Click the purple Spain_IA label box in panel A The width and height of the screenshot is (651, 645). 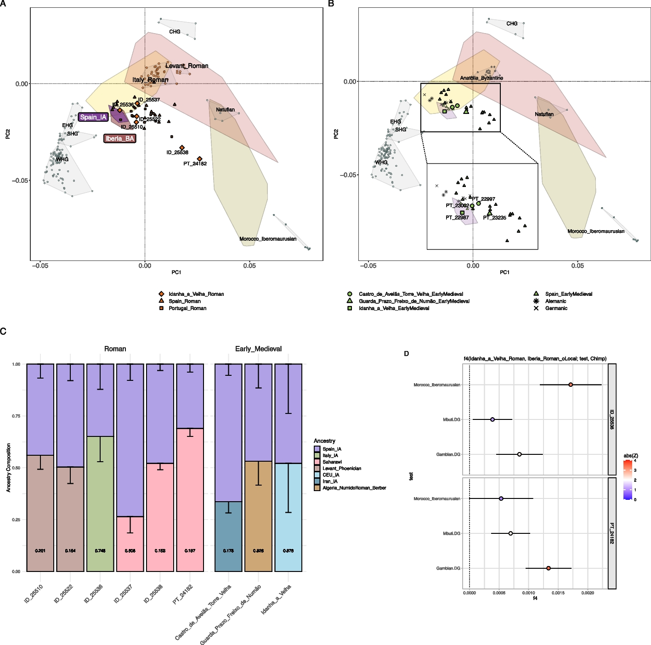click(x=93, y=117)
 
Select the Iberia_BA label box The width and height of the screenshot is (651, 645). click(x=120, y=138)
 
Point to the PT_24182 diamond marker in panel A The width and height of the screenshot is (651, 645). click(x=199, y=159)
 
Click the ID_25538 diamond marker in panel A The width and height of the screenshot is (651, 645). click(x=182, y=147)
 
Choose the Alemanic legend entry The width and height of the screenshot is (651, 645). click(x=555, y=301)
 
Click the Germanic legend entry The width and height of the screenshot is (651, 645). click(x=556, y=308)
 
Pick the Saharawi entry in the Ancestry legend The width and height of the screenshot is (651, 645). click(x=332, y=462)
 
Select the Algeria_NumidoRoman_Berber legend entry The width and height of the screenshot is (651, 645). click(x=354, y=488)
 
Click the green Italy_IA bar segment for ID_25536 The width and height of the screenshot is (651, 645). click(x=100, y=504)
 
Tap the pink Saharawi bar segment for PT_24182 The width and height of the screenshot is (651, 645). click(x=190, y=499)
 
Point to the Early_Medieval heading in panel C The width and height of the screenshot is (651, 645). click(x=258, y=349)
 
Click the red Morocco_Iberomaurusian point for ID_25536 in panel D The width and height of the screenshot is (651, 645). click(x=571, y=385)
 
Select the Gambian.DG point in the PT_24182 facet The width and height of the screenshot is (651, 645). click(x=549, y=568)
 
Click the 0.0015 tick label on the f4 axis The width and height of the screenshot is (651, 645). click(x=558, y=593)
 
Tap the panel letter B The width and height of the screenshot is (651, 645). click(x=331, y=4)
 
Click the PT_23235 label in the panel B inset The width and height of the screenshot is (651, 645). click(x=495, y=218)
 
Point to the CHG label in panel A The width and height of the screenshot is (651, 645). click(x=175, y=32)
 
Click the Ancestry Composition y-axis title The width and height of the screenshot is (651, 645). click(x=9, y=468)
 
